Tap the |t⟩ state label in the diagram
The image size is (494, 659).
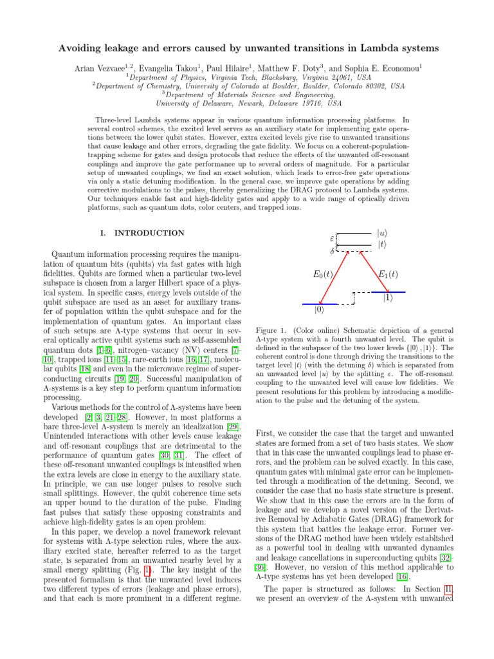coord(381,244)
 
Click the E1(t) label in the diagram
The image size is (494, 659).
coord(387,274)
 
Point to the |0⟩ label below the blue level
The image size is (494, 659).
coord(320,311)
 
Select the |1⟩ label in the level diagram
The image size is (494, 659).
coord(388,298)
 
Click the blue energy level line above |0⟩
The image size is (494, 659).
coord(320,303)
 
